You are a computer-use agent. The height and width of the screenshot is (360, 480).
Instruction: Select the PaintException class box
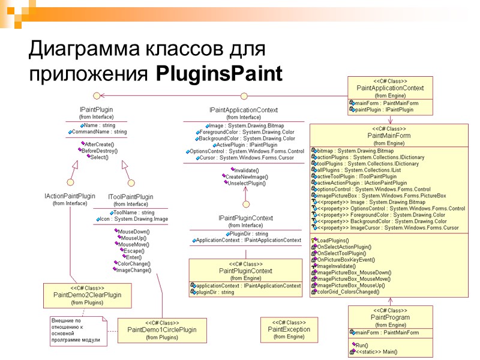pos(289,329)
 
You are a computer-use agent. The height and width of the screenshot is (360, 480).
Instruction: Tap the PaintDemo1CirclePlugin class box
pos(162,330)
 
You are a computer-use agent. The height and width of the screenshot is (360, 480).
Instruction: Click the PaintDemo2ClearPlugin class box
pos(87,295)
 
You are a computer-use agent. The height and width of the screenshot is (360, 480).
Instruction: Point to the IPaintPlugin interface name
pos(96,110)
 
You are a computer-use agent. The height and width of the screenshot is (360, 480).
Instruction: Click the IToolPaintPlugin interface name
pos(130,197)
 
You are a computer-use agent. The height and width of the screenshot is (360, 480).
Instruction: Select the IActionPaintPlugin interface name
pos(70,196)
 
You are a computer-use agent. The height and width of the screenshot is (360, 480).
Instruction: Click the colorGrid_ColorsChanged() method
pos(347,292)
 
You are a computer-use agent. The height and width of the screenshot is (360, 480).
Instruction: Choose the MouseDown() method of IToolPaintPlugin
pos(134,232)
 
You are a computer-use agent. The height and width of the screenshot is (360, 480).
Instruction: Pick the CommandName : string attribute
pos(99,131)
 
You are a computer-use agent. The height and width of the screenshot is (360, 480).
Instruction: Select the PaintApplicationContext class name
pos(390,88)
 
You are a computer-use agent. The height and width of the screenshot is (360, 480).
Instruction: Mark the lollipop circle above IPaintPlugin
pos(95,95)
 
